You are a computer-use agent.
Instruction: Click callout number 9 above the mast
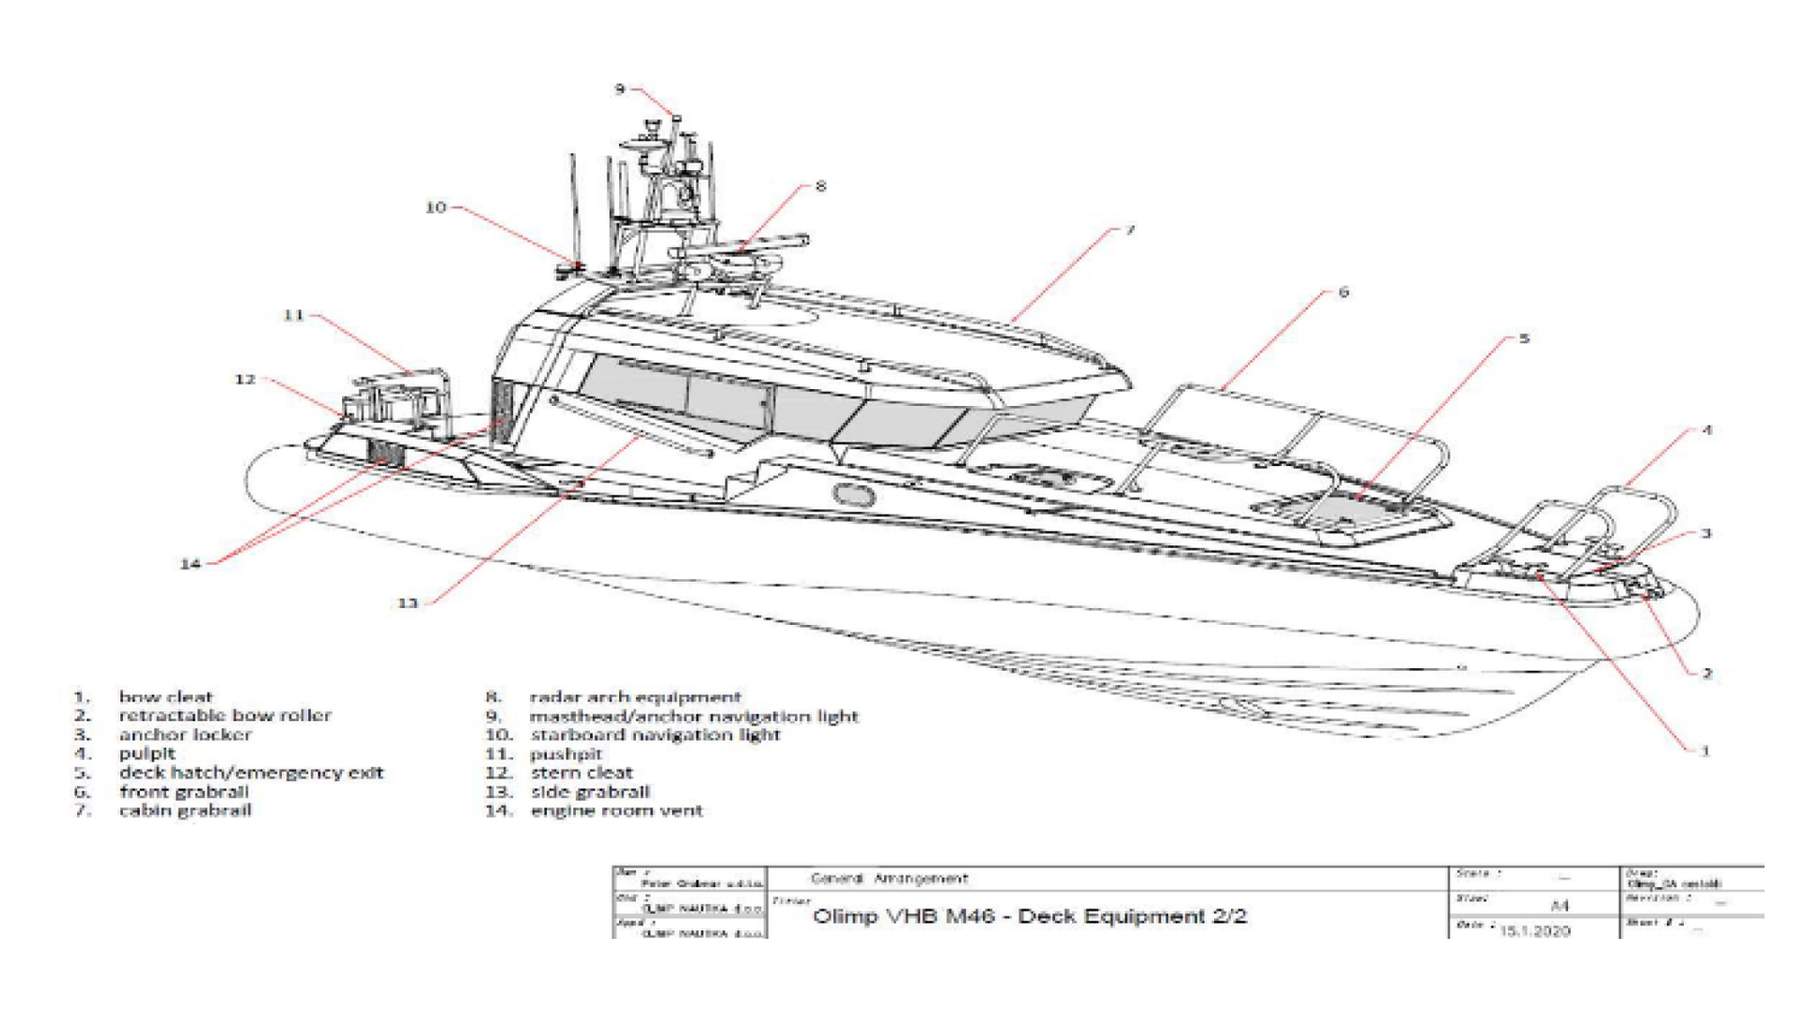[620, 89]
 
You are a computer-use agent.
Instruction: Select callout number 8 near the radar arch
[820, 186]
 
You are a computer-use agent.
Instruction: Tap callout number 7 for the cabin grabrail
[1130, 229]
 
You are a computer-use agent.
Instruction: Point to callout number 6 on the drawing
[1343, 292]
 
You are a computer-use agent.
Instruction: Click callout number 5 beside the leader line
[1524, 338]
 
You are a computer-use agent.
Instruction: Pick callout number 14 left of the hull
[191, 563]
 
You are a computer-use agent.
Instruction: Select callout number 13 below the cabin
[408, 602]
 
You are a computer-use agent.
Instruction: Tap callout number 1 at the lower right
[1704, 750]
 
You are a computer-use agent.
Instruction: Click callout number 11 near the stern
[294, 315]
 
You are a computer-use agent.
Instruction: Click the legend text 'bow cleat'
[165, 696]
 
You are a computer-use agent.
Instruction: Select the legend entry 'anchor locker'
[185, 734]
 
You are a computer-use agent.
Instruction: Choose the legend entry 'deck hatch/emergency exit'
[251, 773]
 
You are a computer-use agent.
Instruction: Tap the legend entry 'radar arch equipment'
[635, 696]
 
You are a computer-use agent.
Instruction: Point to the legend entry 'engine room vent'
[616, 810]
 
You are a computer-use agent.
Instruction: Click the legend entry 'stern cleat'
[582, 773]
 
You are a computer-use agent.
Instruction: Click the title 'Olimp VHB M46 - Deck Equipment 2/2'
[1030, 915]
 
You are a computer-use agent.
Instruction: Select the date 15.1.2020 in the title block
[1535, 930]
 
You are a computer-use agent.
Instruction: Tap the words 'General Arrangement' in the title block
[889, 879]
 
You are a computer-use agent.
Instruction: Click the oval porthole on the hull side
[853, 494]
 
